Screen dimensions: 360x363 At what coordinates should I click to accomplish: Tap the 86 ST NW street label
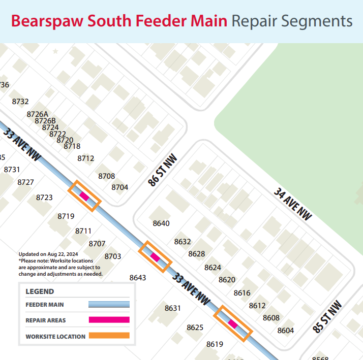pyautogui.click(x=162, y=170)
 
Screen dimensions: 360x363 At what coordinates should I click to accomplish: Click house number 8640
pyautogui.click(x=161, y=223)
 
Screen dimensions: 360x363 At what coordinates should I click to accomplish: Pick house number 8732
pyautogui.click(x=20, y=102)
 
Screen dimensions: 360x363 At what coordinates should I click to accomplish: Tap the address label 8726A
pyautogui.click(x=38, y=114)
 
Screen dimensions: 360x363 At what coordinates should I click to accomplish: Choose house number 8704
pyautogui.click(x=120, y=187)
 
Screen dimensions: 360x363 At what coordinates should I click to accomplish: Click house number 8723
pyautogui.click(x=44, y=198)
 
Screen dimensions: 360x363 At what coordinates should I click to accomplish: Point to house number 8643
pyautogui.click(x=138, y=278)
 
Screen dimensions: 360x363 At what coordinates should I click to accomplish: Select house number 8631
pyautogui.click(x=173, y=308)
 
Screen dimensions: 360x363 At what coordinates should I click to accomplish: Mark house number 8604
pyautogui.click(x=286, y=331)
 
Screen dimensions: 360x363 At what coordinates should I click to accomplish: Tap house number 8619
pyautogui.click(x=215, y=344)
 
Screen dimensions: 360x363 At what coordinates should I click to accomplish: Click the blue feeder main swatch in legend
pyautogui.click(x=109, y=305)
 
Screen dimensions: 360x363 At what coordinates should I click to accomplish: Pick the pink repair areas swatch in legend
pyautogui.click(x=109, y=320)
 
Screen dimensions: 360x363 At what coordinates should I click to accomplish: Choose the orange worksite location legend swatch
pyautogui.click(x=109, y=336)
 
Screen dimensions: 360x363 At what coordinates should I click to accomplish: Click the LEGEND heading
pyautogui.click(x=40, y=291)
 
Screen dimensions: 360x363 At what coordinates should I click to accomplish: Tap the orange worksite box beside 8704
pyautogui.click(x=84, y=196)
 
